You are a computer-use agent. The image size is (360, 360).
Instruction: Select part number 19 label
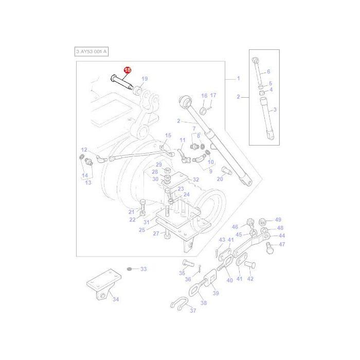point(145,79)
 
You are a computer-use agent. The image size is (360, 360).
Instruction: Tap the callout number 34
point(115,299)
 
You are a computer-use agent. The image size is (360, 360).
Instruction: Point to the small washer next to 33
point(130,269)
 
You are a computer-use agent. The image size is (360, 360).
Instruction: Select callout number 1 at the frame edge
point(238,78)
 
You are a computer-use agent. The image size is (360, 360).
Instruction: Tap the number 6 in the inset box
point(268,71)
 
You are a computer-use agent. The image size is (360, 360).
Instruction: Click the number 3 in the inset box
point(275,110)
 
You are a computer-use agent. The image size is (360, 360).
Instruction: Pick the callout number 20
point(220,179)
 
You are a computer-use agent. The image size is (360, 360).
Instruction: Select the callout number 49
point(278,220)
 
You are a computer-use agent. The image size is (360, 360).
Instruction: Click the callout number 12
point(84,150)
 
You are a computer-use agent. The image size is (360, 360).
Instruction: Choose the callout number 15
point(168,135)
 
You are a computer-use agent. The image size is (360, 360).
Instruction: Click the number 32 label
point(195,180)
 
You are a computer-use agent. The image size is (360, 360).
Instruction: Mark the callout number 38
point(204,303)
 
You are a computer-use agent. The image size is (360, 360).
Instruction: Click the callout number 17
point(213,96)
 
